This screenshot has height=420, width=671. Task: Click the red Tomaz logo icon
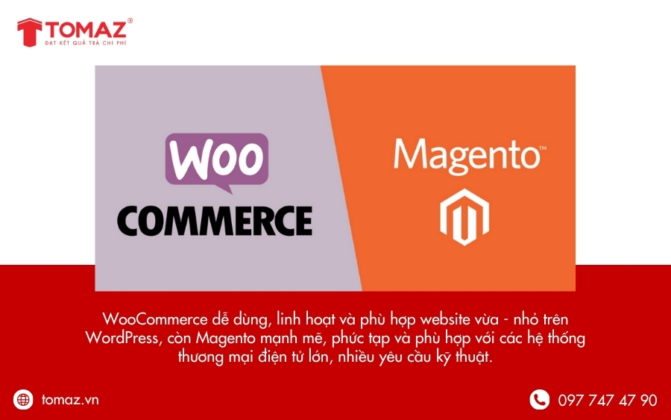pyautogui.click(x=29, y=32)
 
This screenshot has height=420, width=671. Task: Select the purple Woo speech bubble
pyautogui.click(x=216, y=160)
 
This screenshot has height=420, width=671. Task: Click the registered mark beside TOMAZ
pyautogui.click(x=130, y=21)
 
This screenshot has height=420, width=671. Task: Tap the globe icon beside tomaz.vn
pyautogui.click(x=24, y=400)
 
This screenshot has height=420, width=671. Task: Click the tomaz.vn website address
pyautogui.click(x=70, y=400)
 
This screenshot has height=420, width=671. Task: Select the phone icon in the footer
pyautogui.click(x=539, y=400)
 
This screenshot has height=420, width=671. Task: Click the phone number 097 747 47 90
pyautogui.click(x=607, y=401)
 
